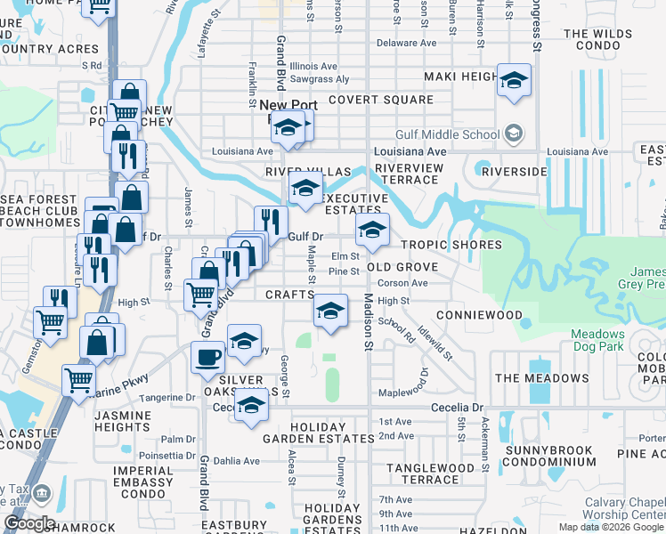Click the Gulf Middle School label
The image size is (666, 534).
(x=459, y=134)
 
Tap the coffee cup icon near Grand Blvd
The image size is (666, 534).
(x=207, y=357)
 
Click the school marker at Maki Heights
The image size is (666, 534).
(x=514, y=80)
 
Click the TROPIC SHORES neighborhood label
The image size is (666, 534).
(x=451, y=245)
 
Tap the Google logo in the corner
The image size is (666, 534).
(x=29, y=523)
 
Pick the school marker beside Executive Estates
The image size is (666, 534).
(x=305, y=188)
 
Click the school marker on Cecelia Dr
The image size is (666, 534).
(x=251, y=404)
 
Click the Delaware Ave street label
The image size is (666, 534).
(x=406, y=43)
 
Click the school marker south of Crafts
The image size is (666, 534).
(x=330, y=311)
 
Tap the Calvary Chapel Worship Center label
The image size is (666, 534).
(x=624, y=508)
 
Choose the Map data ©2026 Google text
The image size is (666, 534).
(x=611, y=527)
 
